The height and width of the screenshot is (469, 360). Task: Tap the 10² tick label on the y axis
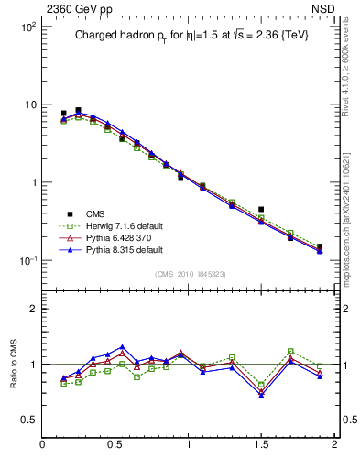[x=27, y=27]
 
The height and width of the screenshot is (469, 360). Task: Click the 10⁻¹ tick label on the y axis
[x=27, y=260]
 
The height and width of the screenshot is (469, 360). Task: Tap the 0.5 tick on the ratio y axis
[x=29, y=420]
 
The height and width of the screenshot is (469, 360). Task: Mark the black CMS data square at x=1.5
[x=261, y=210]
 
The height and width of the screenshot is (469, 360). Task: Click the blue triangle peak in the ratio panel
[x=122, y=347]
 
